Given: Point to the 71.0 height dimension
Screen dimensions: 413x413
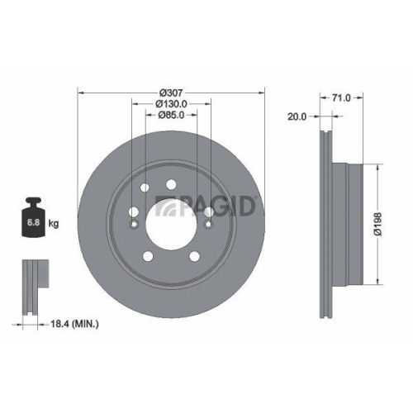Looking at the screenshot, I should pyautogui.click(x=341, y=97).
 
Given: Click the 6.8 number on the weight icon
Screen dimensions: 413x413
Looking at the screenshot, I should pyautogui.click(x=34, y=223).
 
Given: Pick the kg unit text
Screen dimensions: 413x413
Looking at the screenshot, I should pyautogui.click(x=54, y=223).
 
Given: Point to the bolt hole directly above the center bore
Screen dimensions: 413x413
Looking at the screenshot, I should pyautogui.click(x=170, y=185).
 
